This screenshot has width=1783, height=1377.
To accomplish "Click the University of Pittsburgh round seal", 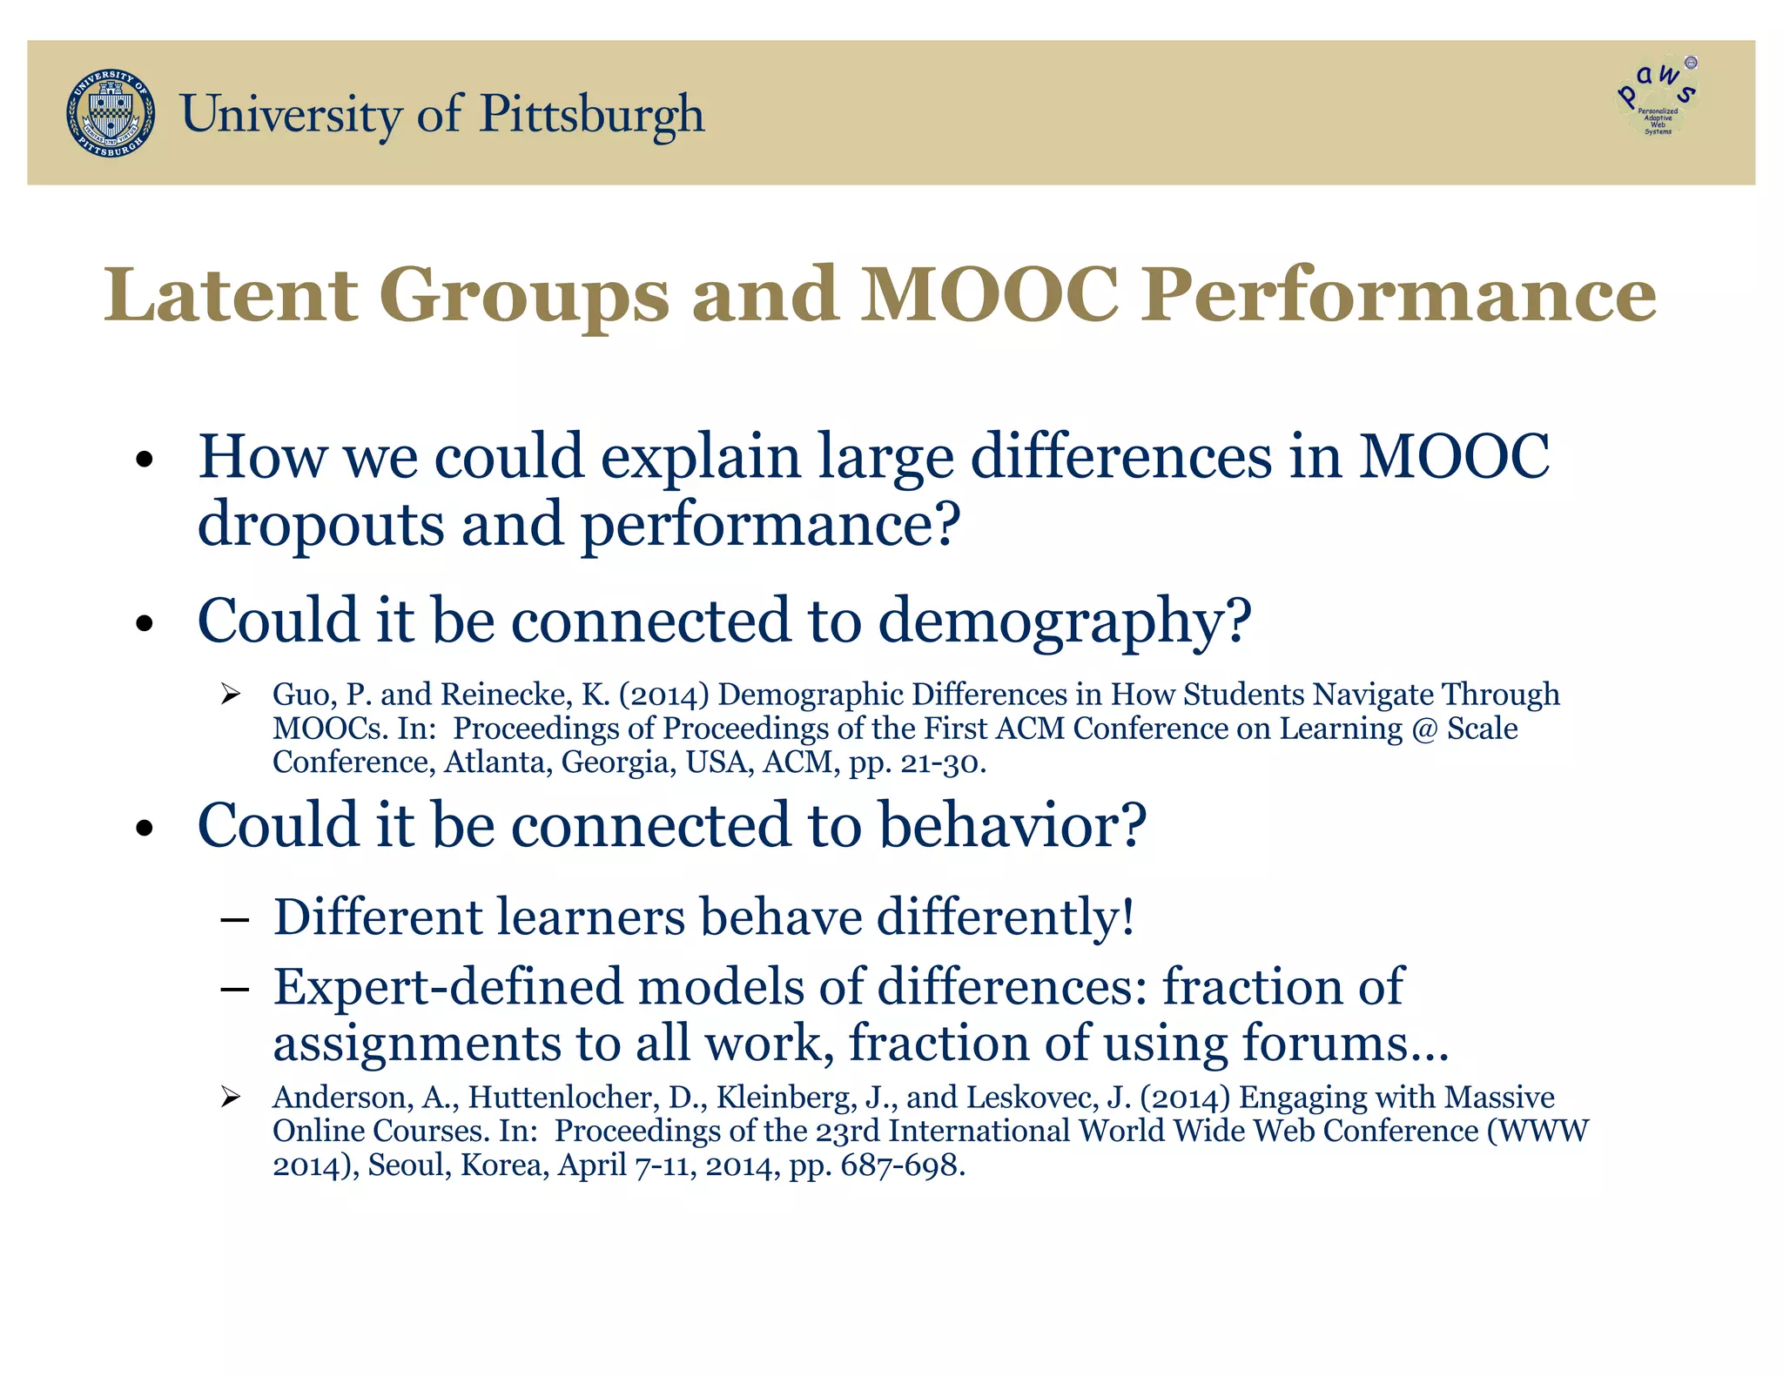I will point(111,114).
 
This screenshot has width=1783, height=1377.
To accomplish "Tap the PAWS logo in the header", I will point(1657,97).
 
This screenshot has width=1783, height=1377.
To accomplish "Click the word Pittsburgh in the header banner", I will point(592,115).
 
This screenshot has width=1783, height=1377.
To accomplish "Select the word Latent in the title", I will point(231,296).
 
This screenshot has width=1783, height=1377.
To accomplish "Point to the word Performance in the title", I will point(1399,296).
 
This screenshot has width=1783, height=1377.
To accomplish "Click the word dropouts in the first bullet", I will point(320,526).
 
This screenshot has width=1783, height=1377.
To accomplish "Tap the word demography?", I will point(1064,621).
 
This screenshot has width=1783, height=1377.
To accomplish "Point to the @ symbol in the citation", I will point(1424,729).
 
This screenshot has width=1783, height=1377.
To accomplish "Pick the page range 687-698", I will point(902,1165).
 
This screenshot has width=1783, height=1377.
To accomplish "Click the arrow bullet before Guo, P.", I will point(230,695).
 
